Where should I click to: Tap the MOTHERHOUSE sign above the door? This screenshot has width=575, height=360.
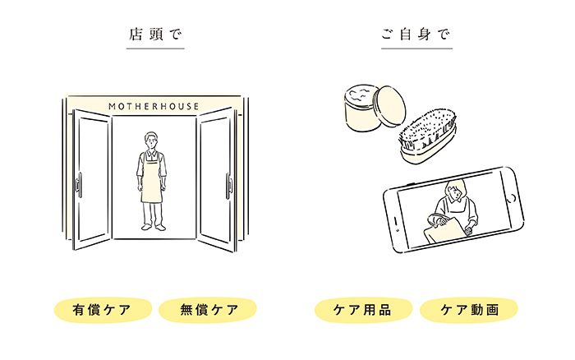pyautogui.click(x=154, y=106)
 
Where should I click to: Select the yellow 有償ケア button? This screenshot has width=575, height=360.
pyautogui.click(x=103, y=310)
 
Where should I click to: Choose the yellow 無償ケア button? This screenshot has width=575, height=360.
pyautogui.click(x=208, y=310)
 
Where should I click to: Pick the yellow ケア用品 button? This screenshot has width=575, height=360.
pyautogui.click(x=364, y=310)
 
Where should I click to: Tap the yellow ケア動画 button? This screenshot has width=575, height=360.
pyautogui.click(x=469, y=310)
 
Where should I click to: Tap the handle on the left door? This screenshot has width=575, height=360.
pyautogui.click(x=79, y=184)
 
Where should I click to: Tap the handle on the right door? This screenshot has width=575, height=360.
pyautogui.click(x=228, y=184)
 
